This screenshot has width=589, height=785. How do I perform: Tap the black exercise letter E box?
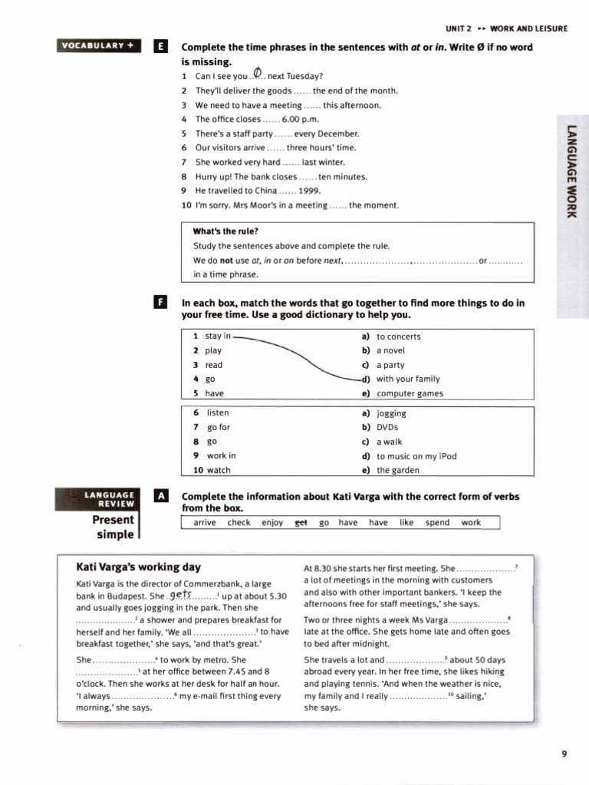click(x=160, y=47)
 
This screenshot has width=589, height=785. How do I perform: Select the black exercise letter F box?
click(x=160, y=303)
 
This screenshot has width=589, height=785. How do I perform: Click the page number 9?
click(x=564, y=754)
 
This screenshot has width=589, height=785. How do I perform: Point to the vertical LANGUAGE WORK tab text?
click(x=571, y=169)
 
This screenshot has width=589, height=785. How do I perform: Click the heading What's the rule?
click(x=225, y=232)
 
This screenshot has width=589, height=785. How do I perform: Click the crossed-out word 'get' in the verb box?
click(x=291, y=523)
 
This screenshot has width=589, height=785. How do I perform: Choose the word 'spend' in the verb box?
click(x=437, y=523)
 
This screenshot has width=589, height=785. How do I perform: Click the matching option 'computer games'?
click(x=410, y=394)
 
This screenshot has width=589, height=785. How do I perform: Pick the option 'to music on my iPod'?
click(x=416, y=456)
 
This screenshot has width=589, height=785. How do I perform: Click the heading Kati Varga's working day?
click(x=139, y=567)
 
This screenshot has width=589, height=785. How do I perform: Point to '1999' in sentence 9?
click(x=310, y=191)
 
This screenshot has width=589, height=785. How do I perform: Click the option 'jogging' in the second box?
click(x=391, y=413)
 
